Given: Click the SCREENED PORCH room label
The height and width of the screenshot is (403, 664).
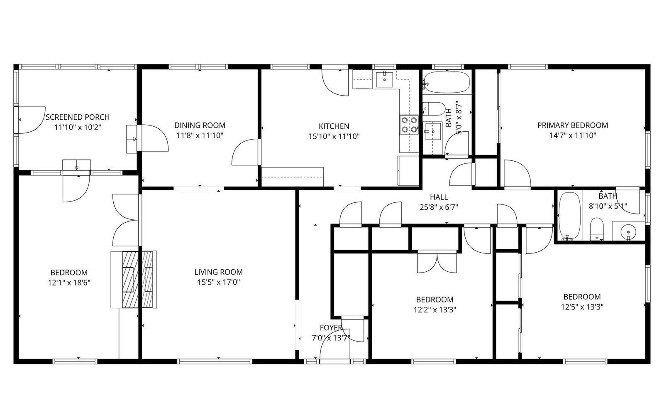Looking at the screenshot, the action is pyautogui.click(x=78, y=117).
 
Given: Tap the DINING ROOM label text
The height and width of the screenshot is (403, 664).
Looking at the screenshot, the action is pyautogui.click(x=200, y=125).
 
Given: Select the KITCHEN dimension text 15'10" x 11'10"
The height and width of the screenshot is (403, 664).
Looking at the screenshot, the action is pyautogui.click(x=334, y=137).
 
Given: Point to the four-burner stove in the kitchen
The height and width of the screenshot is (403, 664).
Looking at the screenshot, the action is pyautogui.click(x=409, y=125).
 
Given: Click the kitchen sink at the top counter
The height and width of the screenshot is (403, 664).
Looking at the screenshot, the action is pyautogui.click(x=384, y=79).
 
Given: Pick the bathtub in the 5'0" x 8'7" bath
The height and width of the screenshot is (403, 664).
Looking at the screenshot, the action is pyautogui.click(x=447, y=81).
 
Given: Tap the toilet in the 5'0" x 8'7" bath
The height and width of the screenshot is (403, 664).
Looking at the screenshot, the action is pyautogui.click(x=434, y=109).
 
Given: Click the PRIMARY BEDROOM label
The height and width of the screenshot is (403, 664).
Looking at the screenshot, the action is pyautogui.click(x=573, y=125).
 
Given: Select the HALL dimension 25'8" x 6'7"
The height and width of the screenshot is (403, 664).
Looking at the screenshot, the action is pyautogui.click(x=439, y=207).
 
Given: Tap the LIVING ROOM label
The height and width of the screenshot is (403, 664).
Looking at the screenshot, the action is pyautogui.click(x=218, y=272).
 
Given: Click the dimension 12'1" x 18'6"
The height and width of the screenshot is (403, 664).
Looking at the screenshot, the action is pyautogui.click(x=69, y=283).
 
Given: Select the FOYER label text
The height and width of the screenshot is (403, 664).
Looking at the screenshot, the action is pyautogui.click(x=331, y=328).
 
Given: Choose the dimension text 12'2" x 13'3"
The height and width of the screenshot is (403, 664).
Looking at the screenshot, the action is pyautogui.click(x=435, y=310).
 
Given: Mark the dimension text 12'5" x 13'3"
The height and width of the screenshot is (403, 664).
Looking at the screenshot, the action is pyautogui.click(x=582, y=307).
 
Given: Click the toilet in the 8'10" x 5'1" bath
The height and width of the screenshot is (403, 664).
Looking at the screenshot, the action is pyautogui.click(x=597, y=229).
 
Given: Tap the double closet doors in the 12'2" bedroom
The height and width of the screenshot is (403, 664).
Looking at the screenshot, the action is pyautogui.click(x=437, y=262).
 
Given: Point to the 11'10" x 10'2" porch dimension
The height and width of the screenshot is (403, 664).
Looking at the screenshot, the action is pyautogui.click(x=78, y=127).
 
